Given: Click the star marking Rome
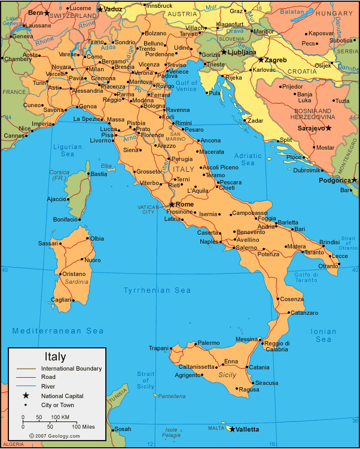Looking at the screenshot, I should pyautogui.click(x=172, y=205).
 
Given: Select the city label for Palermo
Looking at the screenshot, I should pyautogui.click(x=209, y=343).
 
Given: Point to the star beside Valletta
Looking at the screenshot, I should pyautogui.click(x=231, y=429).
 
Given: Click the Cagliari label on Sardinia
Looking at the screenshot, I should pyautogui.click(x=62, y=299).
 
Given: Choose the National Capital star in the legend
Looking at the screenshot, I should pyautogui.click(x=26, y=396).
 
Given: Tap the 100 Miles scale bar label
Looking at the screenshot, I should pyautogui.click(x=84, y=426).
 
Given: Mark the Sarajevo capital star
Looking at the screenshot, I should pyautogui.click(x=328, y=128).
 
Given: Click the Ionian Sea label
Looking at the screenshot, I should pyautogui.click(x=324, y=335).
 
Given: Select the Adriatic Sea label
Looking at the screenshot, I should pyautogui.click(x=248, y=159).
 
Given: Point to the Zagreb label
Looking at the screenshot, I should pyautogui.click(x=276, y=60).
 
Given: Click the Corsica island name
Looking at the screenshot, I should pyautogui.click(x=59, y=172).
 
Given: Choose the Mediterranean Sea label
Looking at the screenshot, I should pyautogui.click(x=58, y=330).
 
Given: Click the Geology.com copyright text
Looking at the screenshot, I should pyautogui.click(x=57, y=436).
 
